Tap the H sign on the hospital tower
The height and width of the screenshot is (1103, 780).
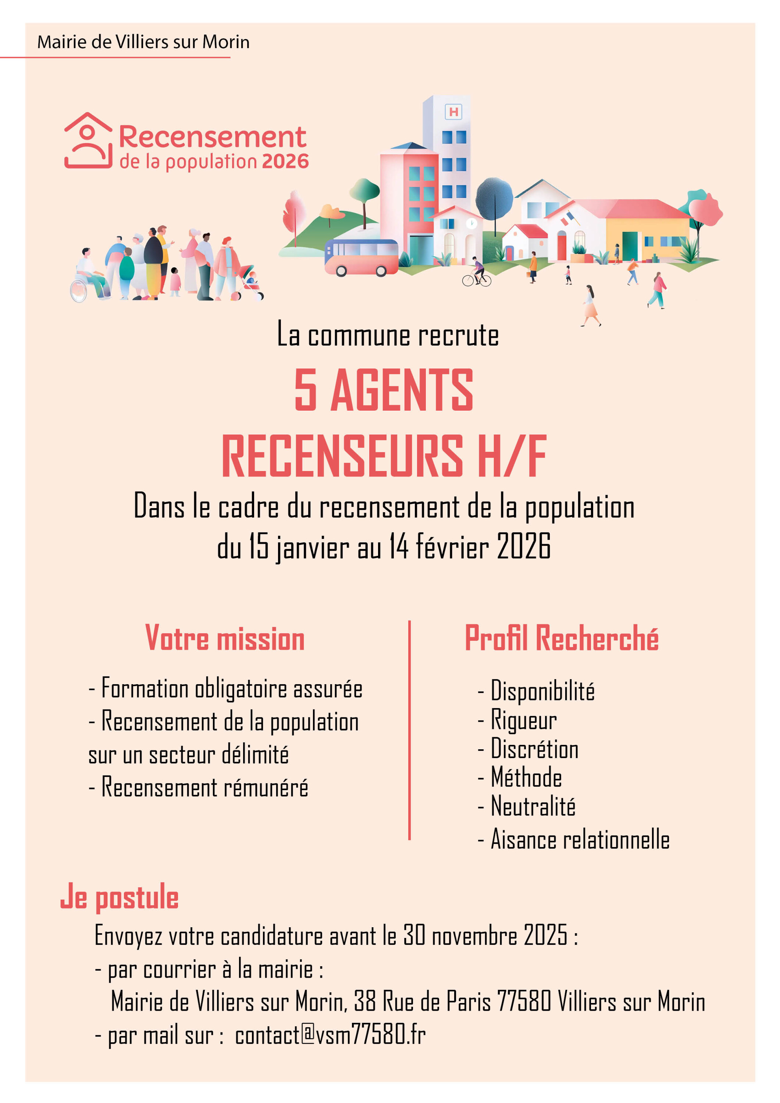[453, 112]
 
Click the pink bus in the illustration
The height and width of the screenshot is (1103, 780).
[361, 257]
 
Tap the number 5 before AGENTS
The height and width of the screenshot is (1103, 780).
[306, 390]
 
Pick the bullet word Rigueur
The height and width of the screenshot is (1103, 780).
[523, 720]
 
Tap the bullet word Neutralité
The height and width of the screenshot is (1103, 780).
[533, 807]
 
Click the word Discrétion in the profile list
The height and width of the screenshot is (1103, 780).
[534, 749]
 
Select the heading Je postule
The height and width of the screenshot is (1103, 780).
[119, 897]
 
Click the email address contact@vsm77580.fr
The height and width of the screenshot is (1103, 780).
[330, 1034]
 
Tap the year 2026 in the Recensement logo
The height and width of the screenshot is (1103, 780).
[285, 162]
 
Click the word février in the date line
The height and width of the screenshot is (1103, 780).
[452, 547]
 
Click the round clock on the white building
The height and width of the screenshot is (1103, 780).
[471, 223]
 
